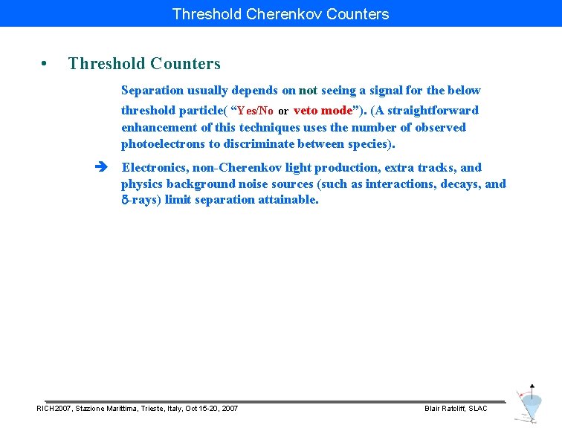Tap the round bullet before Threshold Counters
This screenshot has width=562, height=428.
[45, 64]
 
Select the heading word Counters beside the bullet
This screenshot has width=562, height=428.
[185, 64]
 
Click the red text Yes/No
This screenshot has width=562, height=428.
[255, 111]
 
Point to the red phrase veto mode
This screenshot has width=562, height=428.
[323, 110]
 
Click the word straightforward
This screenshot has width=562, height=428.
[433, 110]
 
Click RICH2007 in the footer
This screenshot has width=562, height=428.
[54, 409]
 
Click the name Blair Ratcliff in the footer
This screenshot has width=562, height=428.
[444, 409]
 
